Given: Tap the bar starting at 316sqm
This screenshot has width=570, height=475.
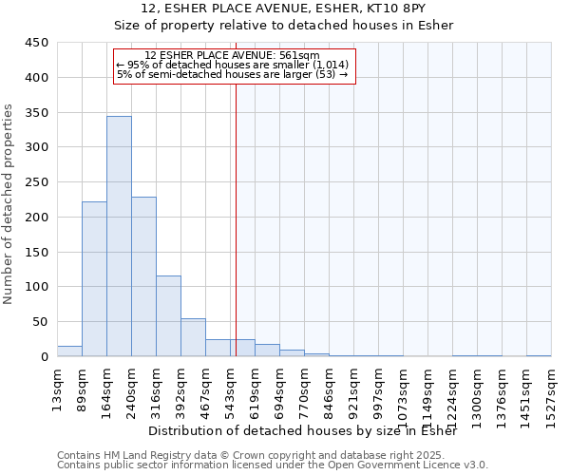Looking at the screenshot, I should (x=168, y=315).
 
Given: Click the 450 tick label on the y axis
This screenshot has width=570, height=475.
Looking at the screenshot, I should (x=37, y=43).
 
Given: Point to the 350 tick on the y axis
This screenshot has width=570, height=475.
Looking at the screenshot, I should (x=37, y=112).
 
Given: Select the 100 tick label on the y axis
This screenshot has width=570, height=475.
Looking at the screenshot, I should (x=37, y=287).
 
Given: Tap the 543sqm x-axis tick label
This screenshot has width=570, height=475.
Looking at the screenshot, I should (x=230, y=389).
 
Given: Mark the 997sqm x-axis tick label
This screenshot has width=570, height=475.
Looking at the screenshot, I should (x=378, y=389).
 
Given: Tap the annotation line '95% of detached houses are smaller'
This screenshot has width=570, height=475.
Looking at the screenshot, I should (x=233, y=65).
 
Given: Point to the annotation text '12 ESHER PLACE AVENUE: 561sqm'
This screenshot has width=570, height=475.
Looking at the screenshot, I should (x=233, y=55).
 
